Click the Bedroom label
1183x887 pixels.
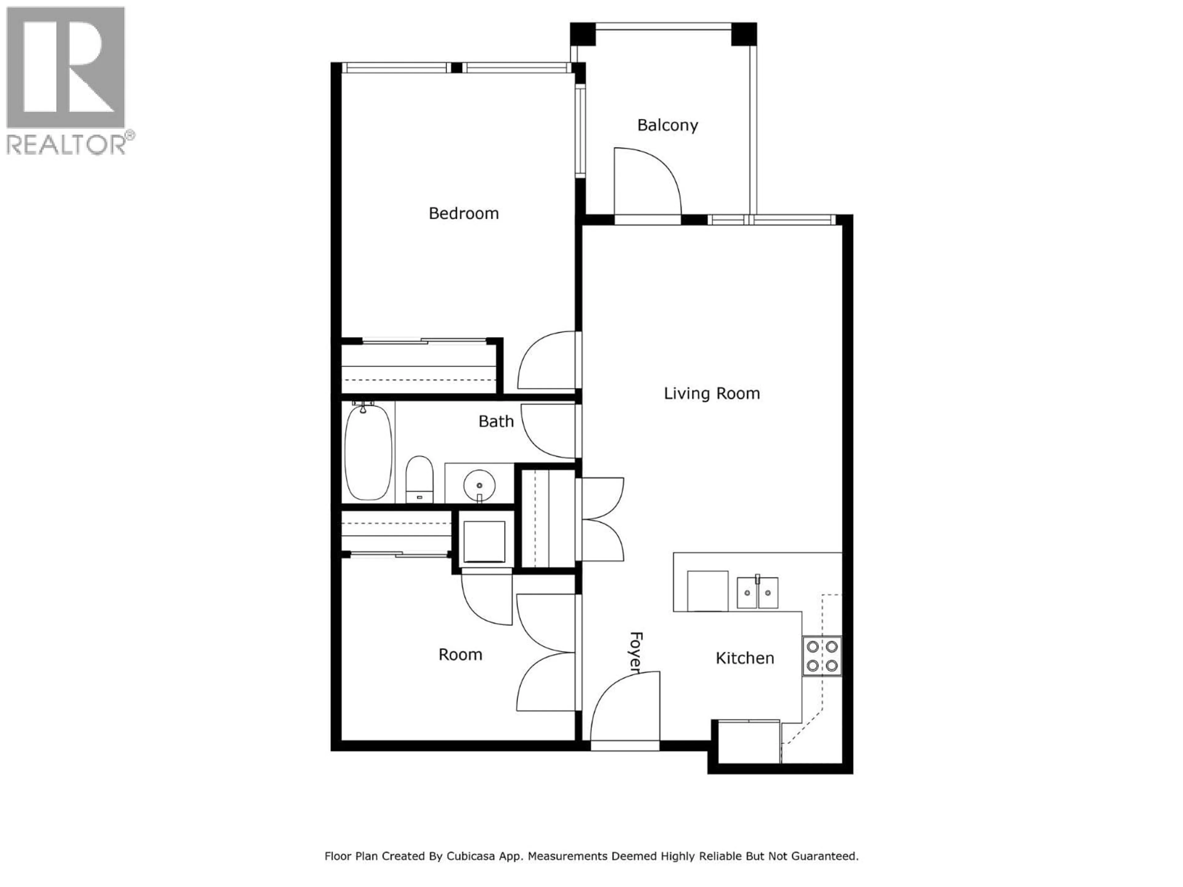click(x=464, y=213)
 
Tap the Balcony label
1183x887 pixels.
click(x=668, y=125)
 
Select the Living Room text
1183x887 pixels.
click(x=711, y=394)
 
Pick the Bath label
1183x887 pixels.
click(x=496, y=421)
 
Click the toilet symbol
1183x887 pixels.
click(x=419, y=479)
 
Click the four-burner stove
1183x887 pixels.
click(x=821, y=656)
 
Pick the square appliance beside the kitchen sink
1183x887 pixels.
click(x=707, y=591)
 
